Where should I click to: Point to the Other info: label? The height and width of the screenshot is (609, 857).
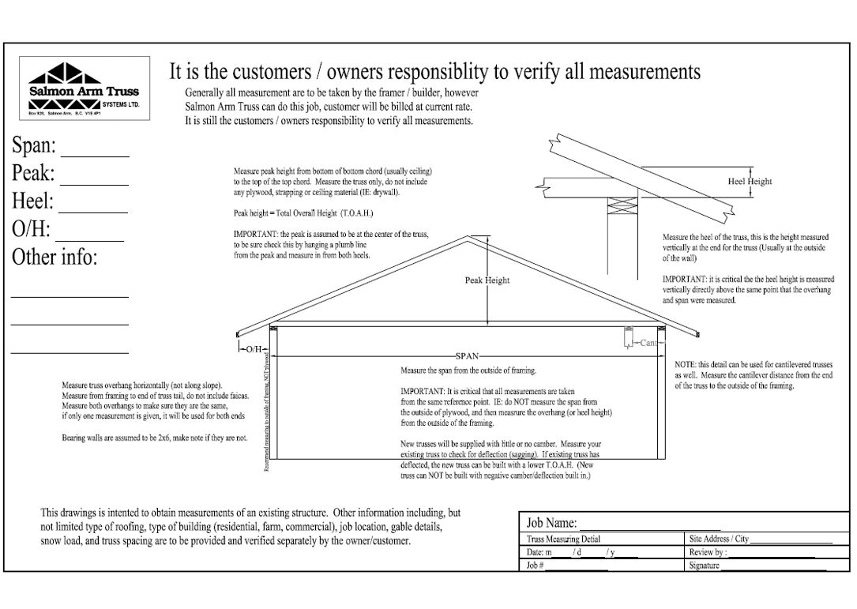pyautogui.click(x=54, y=258)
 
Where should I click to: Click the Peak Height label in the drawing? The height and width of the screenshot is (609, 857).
pyautogui.click(x=487, y=280)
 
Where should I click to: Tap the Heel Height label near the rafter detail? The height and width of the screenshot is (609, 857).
pyautogui.click(x=749, y=182)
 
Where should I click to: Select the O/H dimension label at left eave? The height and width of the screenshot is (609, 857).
pyautogui.click(x=254, y=348)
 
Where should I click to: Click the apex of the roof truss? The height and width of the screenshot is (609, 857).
pyautogui.click(x=471, y=235)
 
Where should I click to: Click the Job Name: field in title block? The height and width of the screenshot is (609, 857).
pyautogui.click(x=600, y=522)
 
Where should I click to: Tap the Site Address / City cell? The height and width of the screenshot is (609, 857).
pyautogui.click(x=759, y=539)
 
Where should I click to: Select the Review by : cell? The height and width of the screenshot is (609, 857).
pyautogui.click(x=759, y=553)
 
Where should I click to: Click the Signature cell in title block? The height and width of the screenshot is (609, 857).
pyautogui.click(x=759, y=566)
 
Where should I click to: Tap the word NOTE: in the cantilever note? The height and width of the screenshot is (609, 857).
pyautogui.click(x=686, y=363)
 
